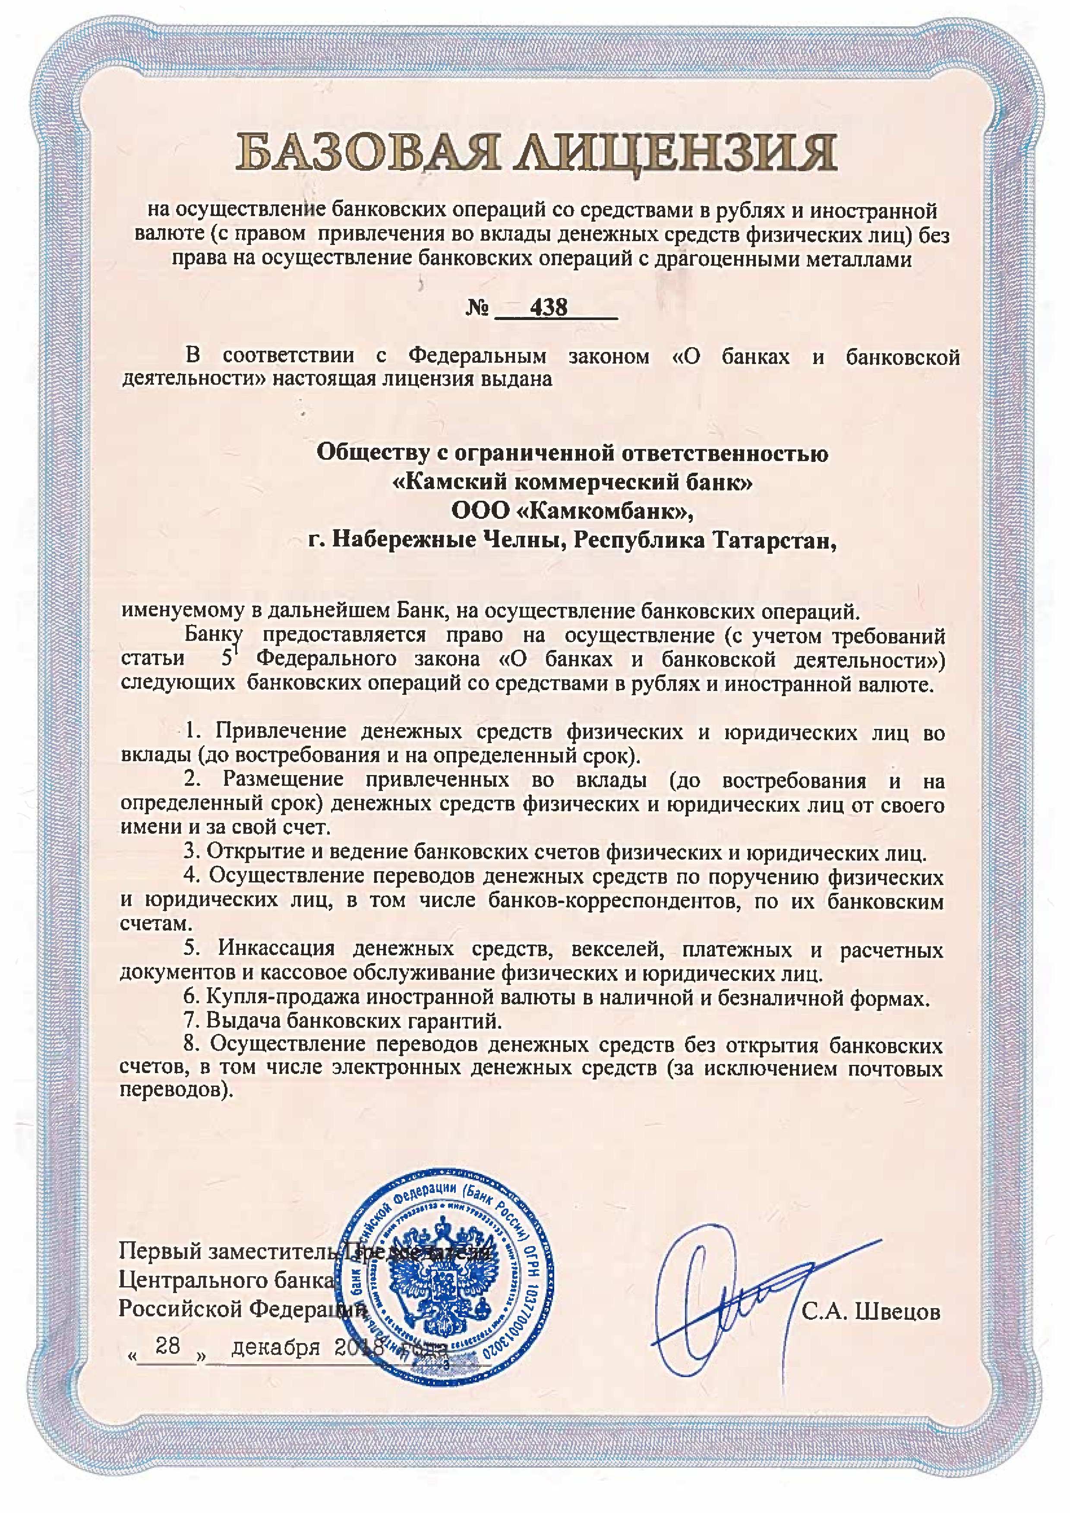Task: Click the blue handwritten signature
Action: coord(745,1295)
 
